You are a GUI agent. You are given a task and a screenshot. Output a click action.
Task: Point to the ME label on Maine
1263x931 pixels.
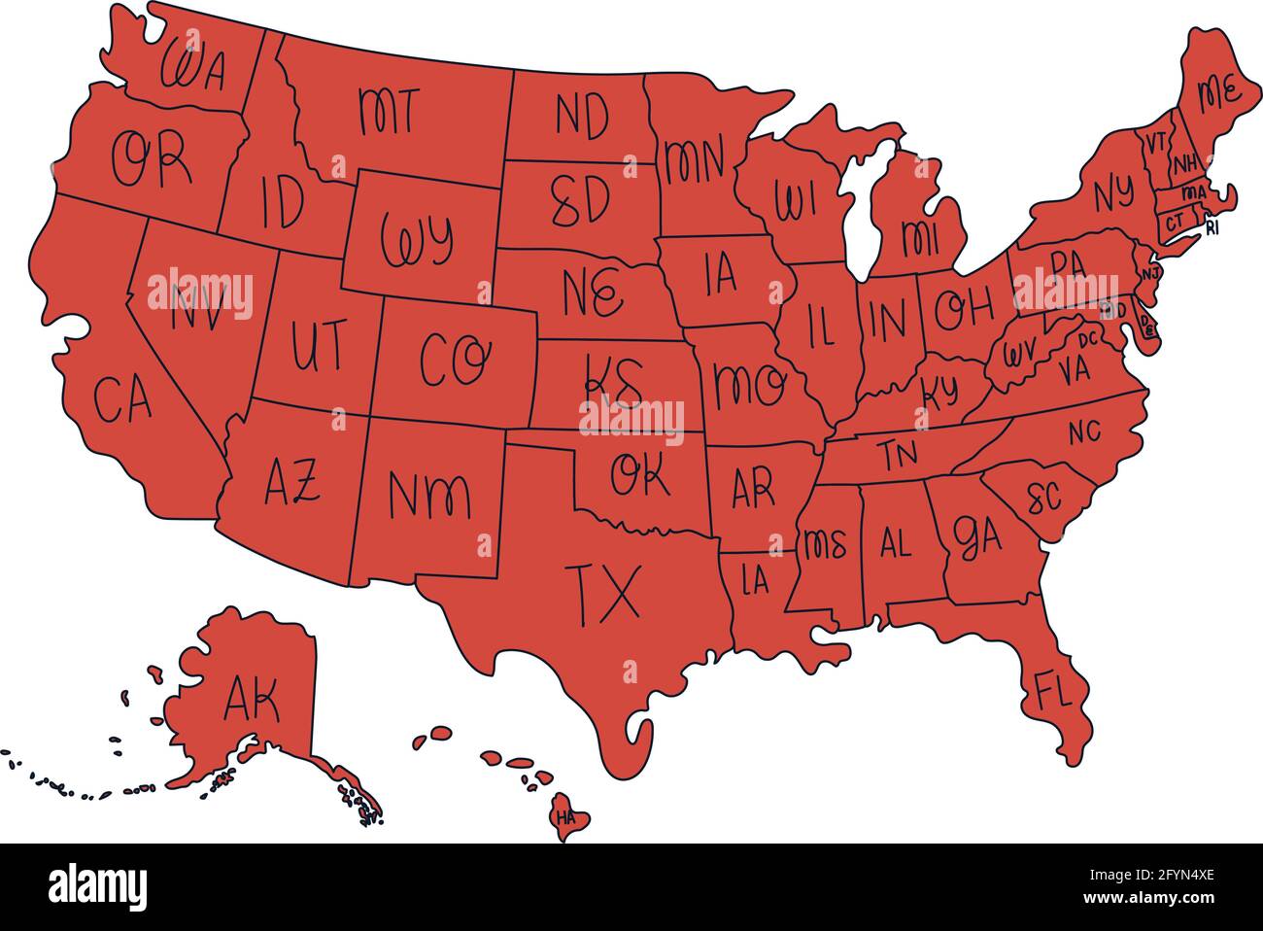tap(1217, 94)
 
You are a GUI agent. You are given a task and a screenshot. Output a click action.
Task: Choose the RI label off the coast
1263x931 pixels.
tap(1212, 228)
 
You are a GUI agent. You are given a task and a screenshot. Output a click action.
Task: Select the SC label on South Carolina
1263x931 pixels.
tap(1043, 499)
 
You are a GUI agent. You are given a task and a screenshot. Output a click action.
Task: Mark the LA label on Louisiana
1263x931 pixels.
tap(755, 581)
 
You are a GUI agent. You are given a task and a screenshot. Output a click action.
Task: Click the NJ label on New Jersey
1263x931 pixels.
tap(1150, 274)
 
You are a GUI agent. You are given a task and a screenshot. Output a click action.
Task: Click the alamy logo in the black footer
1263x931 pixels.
tap(97, 886)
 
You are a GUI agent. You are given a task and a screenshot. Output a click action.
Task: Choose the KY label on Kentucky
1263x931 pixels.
tap(939, 391)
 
